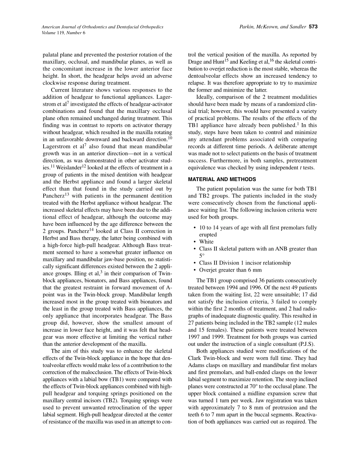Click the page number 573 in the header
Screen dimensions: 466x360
pos(313,27)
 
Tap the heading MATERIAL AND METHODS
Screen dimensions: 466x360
pos(222,179)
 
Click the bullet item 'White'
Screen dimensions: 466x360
pos(206,242)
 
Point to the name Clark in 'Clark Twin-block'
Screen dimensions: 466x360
pos(195,358)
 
